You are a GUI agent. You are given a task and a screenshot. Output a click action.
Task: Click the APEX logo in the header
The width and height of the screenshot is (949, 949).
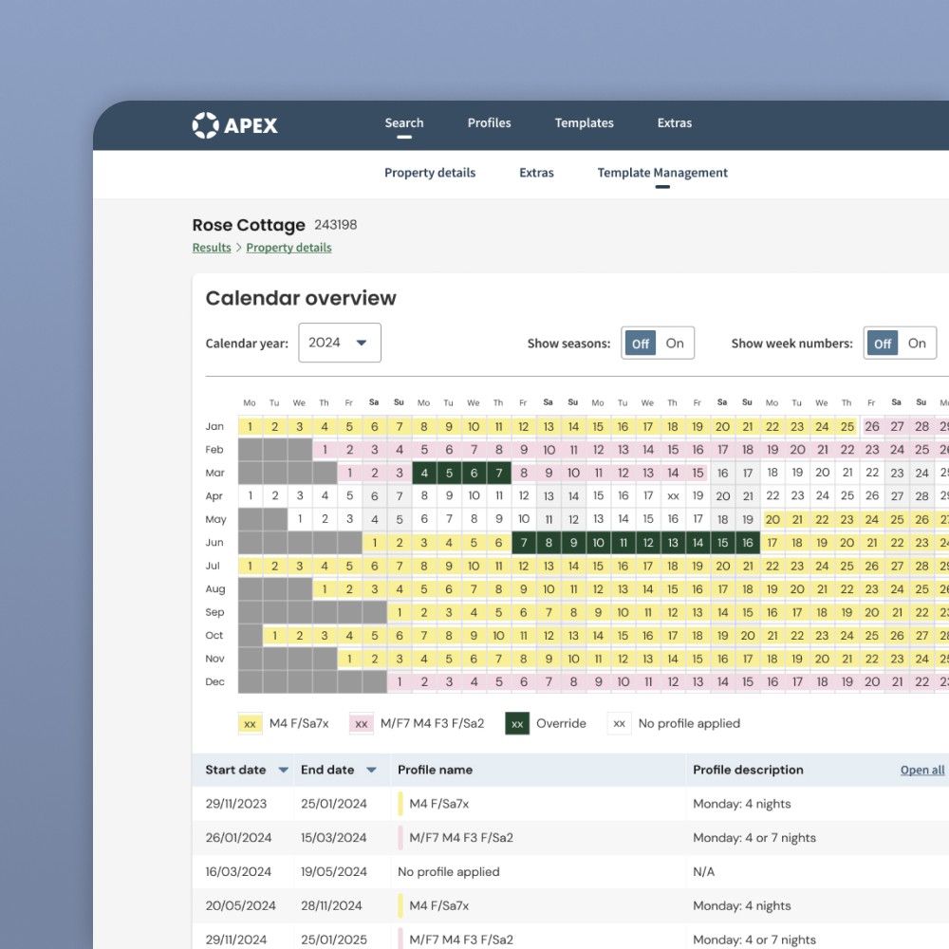tap(234, 125)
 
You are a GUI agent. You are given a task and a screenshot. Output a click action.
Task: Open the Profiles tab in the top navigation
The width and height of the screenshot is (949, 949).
tap(489, 122)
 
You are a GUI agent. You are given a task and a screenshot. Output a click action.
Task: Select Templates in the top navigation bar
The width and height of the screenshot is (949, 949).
tap(584, 122)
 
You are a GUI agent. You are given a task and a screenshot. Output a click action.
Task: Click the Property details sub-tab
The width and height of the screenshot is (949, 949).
tap(430, 173)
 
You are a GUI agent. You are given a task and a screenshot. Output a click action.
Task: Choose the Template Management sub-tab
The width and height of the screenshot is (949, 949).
tap(662, 173)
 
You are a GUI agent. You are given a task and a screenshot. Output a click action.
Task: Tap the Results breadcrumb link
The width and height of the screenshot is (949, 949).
tap(212, 248)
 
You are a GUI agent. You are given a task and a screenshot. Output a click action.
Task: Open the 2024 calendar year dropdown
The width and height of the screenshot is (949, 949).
tap(340, 343)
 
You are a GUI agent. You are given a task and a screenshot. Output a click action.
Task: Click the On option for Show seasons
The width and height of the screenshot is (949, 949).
tap(675, 344)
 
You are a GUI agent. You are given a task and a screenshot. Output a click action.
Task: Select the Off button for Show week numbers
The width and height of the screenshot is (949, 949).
tap(883, 344)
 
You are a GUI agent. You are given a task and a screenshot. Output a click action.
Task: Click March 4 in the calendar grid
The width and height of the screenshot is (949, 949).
tap(424, 473)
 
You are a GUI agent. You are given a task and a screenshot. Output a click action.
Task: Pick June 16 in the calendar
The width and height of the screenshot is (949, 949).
tap(748, 542)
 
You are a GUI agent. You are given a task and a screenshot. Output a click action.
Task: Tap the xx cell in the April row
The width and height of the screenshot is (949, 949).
tap(673, 496)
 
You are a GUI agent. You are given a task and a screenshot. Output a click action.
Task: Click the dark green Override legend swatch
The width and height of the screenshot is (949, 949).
tap(517, 723)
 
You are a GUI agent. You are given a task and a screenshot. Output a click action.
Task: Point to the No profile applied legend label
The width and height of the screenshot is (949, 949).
tap(689, 723)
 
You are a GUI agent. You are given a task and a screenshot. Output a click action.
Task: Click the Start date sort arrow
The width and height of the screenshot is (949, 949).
tap(283, 770)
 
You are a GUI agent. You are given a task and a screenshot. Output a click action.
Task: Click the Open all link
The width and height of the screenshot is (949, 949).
tap(921, 770)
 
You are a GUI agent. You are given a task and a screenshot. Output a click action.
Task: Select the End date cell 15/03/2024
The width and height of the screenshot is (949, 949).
tap(333, 838)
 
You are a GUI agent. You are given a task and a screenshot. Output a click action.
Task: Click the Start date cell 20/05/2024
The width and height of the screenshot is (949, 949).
tap(240, 905)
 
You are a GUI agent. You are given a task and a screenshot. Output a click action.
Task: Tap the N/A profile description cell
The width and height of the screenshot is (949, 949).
tap(703, 871)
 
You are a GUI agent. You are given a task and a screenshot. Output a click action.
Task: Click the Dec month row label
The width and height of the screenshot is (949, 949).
tap(214, 681)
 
